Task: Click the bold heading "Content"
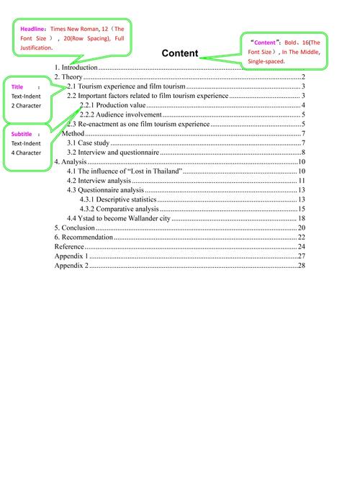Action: [x=179, y=53]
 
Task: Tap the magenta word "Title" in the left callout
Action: [x=17, y=86]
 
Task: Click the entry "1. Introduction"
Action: [x=76, y=67]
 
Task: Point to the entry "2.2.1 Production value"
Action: [x=112, y=105]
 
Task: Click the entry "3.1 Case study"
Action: [x=88, y=143]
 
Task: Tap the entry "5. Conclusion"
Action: [x=74, y=228]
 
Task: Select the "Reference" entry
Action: [x=69, y=246]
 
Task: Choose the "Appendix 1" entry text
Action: [x=71, y=256]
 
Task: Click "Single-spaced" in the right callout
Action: [x=266, y=62]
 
